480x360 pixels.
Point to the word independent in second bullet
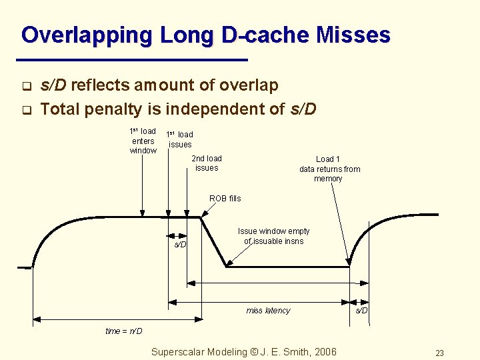coord(227,108)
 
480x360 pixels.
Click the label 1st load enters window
coord(143,141)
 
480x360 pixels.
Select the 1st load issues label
coord(179,139)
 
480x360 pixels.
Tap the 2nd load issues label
coord(207,163)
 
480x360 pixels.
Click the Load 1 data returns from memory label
coord(329,169)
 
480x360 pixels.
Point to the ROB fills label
coord(225,199)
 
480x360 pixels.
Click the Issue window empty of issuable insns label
coord(273,236)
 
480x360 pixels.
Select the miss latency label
coord(268,311)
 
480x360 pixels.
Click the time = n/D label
coord(124,331)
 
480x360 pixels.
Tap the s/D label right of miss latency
coord(361,311)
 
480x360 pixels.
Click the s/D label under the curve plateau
coord(181,245)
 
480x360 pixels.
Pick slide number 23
coord(439,353)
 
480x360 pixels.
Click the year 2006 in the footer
coord(324,352)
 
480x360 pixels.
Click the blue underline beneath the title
coord(133,61)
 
